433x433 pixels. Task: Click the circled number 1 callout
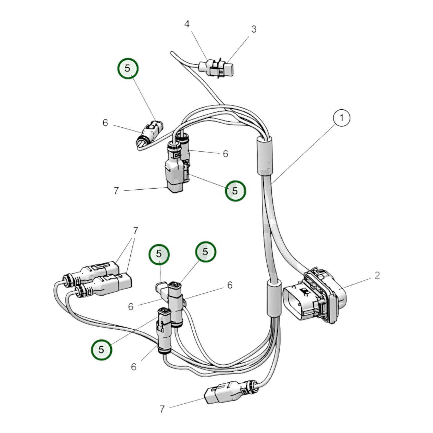click(341, 118)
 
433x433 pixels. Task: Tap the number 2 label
click(377, 275)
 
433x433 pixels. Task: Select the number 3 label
click(254, 29)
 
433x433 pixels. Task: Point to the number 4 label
click(187, 24)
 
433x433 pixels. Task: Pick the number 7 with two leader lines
click(135, 230)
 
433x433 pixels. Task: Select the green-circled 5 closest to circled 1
click(236, 191)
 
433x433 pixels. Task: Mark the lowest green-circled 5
click(101, 350)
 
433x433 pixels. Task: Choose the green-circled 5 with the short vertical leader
click(159, 254)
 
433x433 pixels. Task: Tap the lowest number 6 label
click(134, 367)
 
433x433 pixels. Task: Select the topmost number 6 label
click(105, 123)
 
